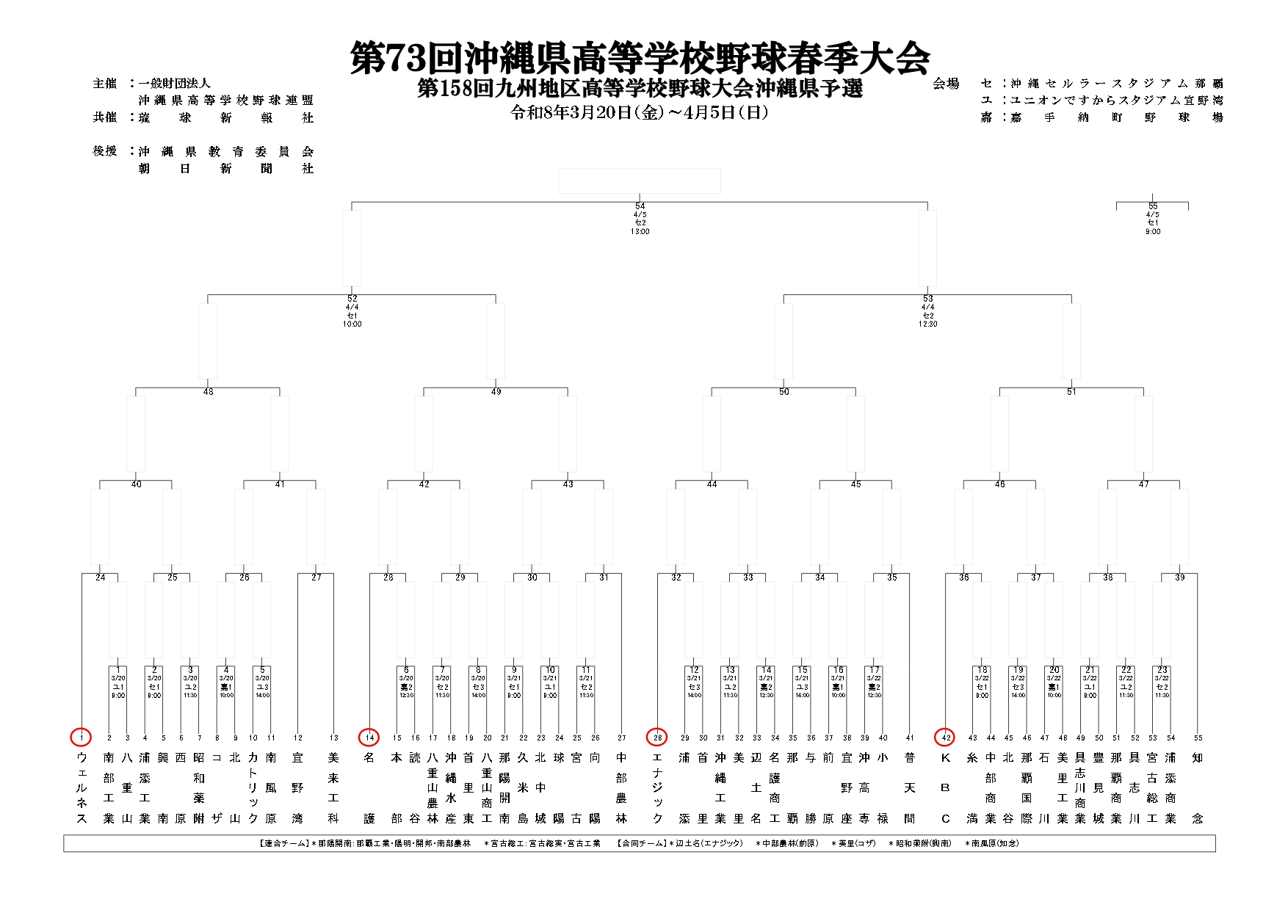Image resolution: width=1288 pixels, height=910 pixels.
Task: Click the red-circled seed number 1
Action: coord(82,737)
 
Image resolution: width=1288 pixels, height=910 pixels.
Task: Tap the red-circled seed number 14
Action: coord(369,737)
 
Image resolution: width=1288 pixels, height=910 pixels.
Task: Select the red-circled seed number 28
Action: coord(657,737)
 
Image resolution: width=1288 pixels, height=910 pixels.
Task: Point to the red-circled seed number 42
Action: coord(945,737)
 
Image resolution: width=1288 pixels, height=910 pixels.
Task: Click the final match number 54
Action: coord(640,206)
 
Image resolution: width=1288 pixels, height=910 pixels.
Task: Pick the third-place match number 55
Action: coord(1153,206)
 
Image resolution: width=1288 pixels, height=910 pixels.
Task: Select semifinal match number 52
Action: coord(352,299)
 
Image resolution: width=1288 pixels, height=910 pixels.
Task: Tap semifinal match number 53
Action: coord(927,299)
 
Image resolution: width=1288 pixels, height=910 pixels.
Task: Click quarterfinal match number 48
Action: coord(208,392)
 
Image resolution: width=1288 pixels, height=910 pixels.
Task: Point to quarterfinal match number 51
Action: coord(1071,392)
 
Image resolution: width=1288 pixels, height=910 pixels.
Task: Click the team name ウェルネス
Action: coord(82,787)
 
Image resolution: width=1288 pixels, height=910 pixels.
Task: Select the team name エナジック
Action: coord(657,787)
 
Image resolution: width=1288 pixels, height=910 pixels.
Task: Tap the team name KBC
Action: coord(945,787)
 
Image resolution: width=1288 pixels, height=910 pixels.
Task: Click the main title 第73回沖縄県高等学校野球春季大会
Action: coord(640,57)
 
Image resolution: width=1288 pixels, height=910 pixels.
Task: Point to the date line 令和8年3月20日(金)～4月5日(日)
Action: coord(640,113)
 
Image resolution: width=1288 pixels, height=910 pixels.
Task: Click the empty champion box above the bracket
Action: coord(640,181)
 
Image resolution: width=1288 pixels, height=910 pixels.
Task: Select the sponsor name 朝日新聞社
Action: coord(225,169)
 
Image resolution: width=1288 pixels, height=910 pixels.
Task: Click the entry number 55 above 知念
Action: coord(1198,738)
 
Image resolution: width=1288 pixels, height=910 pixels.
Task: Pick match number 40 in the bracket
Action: coord(136,484)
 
